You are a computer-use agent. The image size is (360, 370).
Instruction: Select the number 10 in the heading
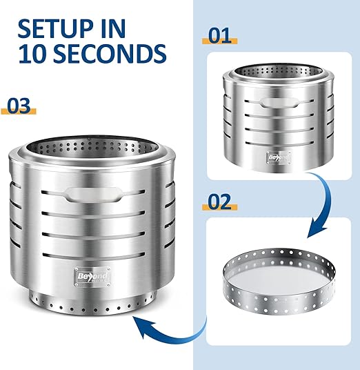click(34, 54)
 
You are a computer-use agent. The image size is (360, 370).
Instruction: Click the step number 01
click(220, 36)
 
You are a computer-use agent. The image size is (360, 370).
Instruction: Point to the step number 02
click(220, 202)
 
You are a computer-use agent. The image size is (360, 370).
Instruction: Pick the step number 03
click(19, 106)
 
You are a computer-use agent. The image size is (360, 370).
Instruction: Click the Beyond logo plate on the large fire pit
click(92, 277)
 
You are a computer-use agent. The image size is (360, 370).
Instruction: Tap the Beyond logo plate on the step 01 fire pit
click(279, 157)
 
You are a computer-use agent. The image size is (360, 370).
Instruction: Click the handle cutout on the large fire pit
click(94, 195)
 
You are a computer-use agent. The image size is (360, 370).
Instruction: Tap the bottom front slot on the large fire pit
click(94, 255)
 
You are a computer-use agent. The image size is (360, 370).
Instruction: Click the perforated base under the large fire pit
click(93, 304)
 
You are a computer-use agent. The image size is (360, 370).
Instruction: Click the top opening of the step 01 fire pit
click(279, 70)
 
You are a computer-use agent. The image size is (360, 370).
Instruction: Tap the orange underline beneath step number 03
click(19, 111)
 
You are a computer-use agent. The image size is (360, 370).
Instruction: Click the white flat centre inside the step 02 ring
click(278, 280)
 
